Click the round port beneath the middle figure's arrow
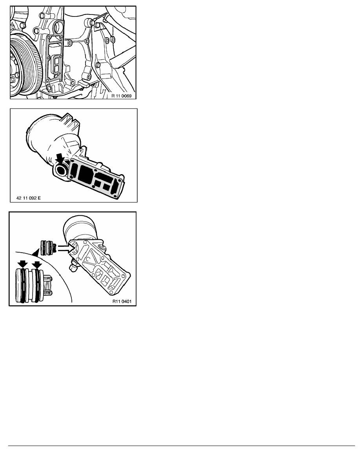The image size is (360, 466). (62, 169)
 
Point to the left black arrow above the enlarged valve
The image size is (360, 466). (22, 264)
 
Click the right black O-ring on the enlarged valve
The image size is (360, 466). (38, 285)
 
